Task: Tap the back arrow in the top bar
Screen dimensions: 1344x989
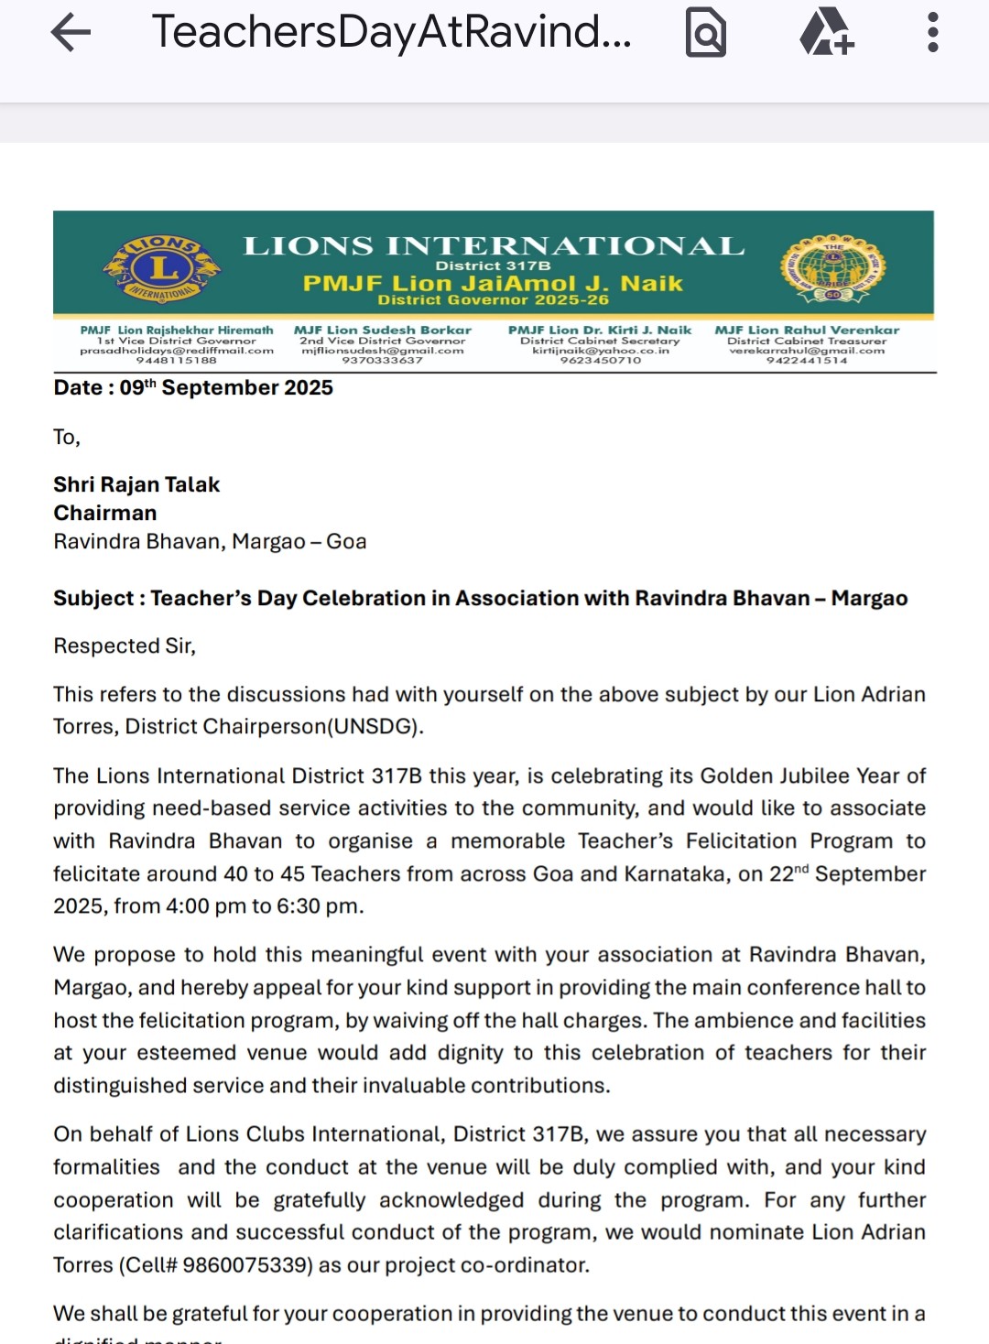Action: tap(71, 33)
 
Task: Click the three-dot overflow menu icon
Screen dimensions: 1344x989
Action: tap(932, 33)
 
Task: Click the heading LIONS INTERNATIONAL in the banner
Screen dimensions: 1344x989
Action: tap(494, 246)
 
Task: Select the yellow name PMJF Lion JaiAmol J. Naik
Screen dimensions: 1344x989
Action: tap(493, 283)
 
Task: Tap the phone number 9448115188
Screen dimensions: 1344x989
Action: tap(177, 361)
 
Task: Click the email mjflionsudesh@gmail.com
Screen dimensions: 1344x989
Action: tap(383, 351)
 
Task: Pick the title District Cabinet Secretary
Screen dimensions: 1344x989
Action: tap(600, 341)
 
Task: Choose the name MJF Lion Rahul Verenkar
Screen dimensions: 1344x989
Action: tap(807, 330)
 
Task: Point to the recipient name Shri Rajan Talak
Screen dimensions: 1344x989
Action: tap(136, 484)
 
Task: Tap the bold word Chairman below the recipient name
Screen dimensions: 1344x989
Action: tap(105, 513)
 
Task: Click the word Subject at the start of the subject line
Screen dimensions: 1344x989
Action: tap(92, 598)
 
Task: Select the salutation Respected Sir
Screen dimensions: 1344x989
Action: tap(125, 645)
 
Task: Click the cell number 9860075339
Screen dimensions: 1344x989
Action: tap(244, 1265)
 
